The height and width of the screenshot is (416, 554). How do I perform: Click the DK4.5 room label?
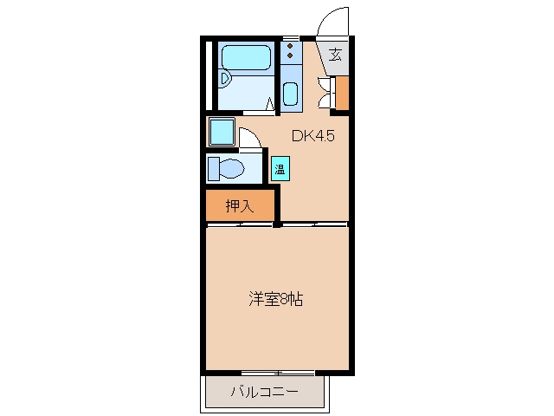[313, 136]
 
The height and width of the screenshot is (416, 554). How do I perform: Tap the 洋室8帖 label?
[275, 299]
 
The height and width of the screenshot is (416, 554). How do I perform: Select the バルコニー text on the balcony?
[265, 392]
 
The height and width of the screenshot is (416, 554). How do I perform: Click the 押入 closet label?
[240, 206]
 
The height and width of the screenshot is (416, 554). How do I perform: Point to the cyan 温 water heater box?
[280, 169]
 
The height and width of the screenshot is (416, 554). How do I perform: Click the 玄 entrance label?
[335, 55]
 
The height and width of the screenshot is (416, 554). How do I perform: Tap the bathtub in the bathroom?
[246, 57]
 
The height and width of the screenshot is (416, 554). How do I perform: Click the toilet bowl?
[232, 168]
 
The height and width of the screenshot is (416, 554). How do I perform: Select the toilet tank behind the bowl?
[213, 169]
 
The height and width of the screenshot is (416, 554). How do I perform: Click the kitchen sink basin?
[291, 94]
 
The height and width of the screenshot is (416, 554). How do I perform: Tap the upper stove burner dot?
[291, 46]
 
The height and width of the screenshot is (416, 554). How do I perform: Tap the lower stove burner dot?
[291, 55]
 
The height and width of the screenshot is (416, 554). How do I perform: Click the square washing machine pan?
[222, 132]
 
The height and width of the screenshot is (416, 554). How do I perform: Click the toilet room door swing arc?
[254, 133]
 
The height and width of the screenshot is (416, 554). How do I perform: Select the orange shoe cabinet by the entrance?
[342, 93]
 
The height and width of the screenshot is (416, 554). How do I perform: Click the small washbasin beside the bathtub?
[224, 78]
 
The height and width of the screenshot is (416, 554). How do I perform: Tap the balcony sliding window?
[279, 373]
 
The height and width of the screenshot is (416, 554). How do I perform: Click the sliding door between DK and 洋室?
[314, 224]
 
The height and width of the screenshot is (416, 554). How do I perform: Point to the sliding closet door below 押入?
[240, 224]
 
